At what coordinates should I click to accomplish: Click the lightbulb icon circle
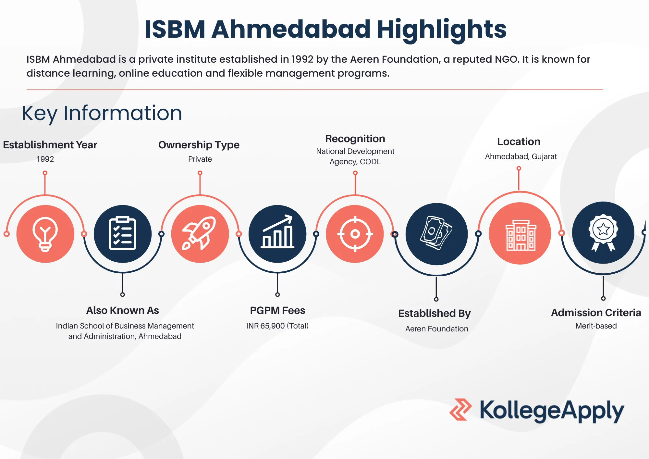pyautogui.click(x=45, y=234)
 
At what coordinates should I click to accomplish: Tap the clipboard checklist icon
pyautogui.click(x=122, y=234)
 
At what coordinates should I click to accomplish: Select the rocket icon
pyautogui.click(x=200, y=234)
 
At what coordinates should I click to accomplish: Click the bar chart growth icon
pyautogui.click(x=277, y=234)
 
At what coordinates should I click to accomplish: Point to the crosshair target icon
pyautogui.click(x=355, y=234)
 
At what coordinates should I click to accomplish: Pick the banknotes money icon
pyautogui.click(x=436, y=234)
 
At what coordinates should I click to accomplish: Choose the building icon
pyautogui.click(x=520, y=234)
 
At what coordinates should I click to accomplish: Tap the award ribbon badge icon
pyautogui.click(x=603, y=232)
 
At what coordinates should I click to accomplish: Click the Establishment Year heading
pyautogui.click(x=50, y=145)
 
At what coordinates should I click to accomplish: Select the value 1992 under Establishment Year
pyautogui.click(x=45, y=159)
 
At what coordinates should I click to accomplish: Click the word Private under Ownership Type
pyautogui.click(x=200, y=159)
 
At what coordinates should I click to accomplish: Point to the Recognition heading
pyautogui.click(x=355, y=139)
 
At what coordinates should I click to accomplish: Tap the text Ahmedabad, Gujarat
pyautogui.click(x=520, y=156)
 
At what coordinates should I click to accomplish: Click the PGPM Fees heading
pyautogui.click(x=277, y=310)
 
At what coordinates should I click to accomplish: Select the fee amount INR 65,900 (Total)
pyautogui.click(x=277, y=326)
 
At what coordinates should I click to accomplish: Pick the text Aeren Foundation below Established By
pyautogui.click(x=436, y=329)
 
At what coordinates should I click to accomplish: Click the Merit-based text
pyautogui.click(x=596, y=326)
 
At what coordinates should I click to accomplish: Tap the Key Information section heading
pyautogui.click(x=102, y=113)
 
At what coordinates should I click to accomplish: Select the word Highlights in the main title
pyautogui.click(x=441, y=29)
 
